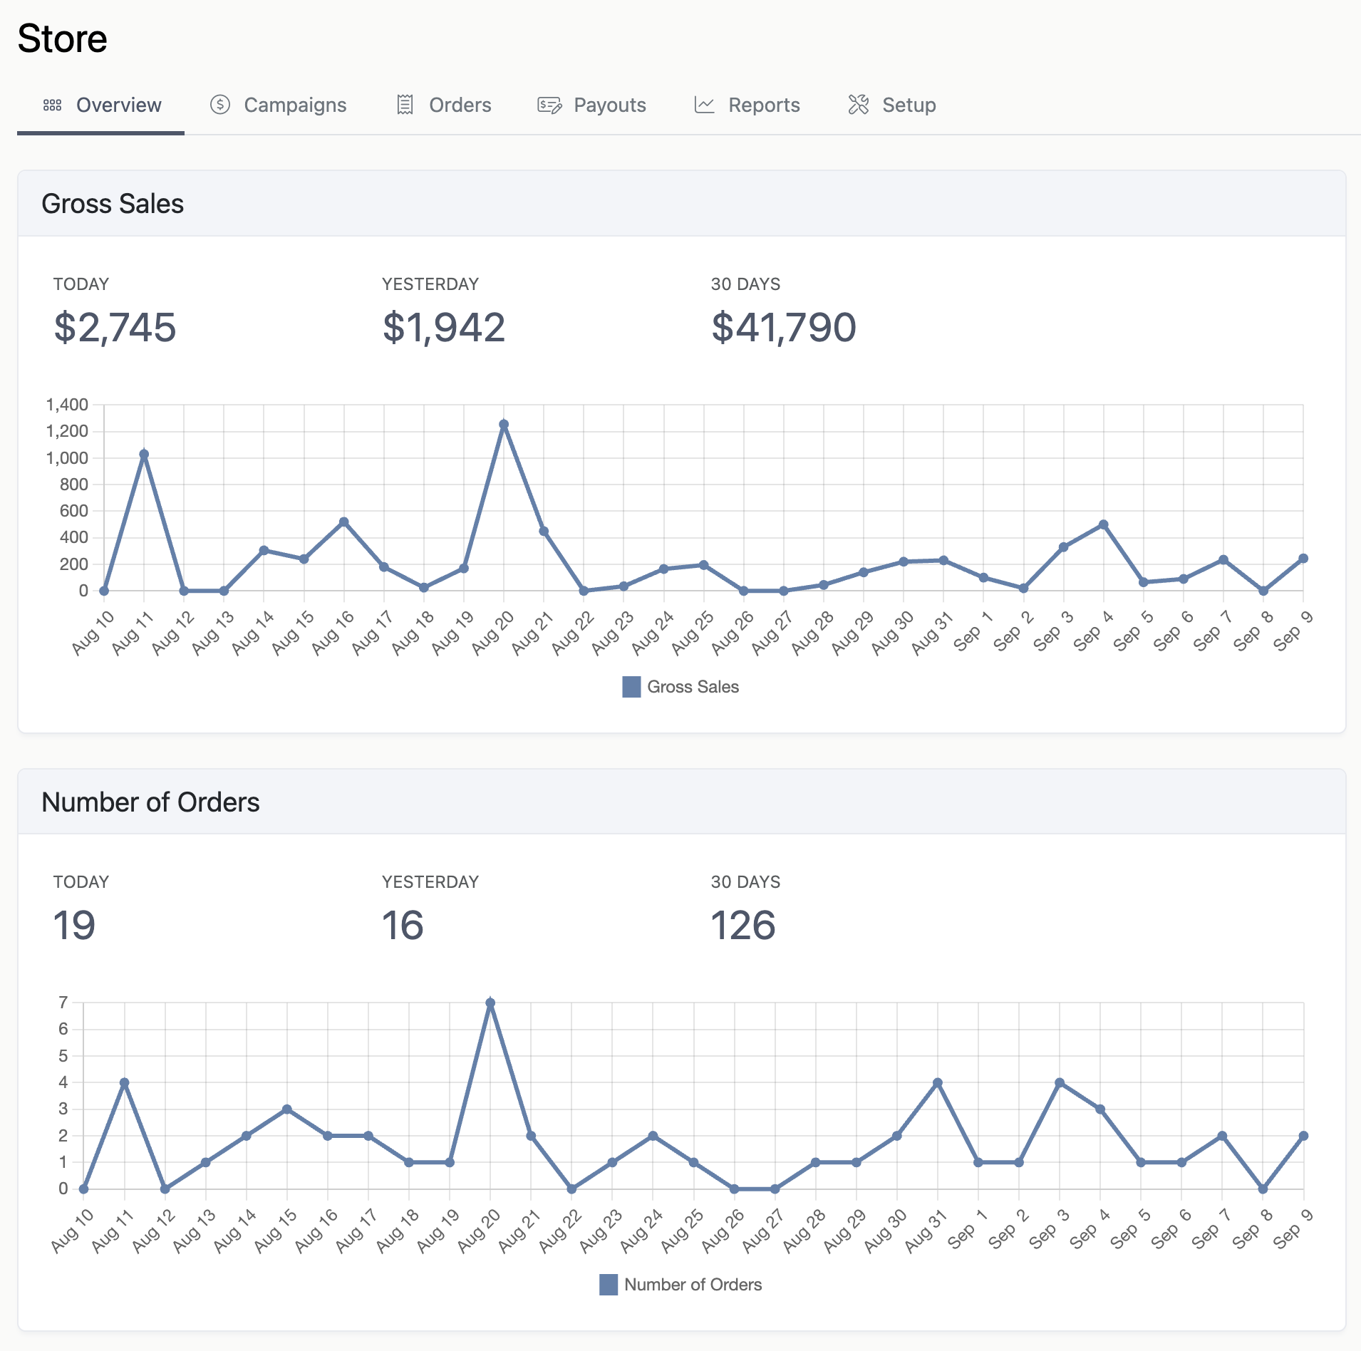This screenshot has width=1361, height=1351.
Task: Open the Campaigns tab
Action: [278, 105]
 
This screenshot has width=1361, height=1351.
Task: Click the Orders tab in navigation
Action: [444, 105]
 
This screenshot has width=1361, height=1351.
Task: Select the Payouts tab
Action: [591, 105]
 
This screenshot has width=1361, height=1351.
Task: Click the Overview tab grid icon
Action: [52, 105]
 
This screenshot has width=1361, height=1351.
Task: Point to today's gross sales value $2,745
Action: [115, 328]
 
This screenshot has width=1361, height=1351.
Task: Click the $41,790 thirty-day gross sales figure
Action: [783, 328]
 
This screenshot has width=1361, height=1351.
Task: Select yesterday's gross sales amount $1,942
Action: [443, 328]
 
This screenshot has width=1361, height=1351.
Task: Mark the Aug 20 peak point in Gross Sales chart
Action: [504, 425]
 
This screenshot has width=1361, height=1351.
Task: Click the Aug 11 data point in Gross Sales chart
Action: [144, 454]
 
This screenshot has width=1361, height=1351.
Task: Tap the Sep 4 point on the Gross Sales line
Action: [1103, 524]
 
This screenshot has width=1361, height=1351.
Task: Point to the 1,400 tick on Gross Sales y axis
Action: [67, 405]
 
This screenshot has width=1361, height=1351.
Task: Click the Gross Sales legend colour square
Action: [631, 687]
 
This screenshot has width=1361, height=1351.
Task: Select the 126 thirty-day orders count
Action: [742, 926]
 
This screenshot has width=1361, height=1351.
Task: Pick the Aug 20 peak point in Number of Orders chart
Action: [490, 1003]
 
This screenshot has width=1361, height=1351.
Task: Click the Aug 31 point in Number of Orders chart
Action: [938, 1083]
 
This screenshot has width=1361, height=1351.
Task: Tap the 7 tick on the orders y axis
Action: [63, 1003]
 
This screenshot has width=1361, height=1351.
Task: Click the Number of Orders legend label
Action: [693, 1285]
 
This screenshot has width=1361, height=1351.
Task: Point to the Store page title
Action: [63, 38]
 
